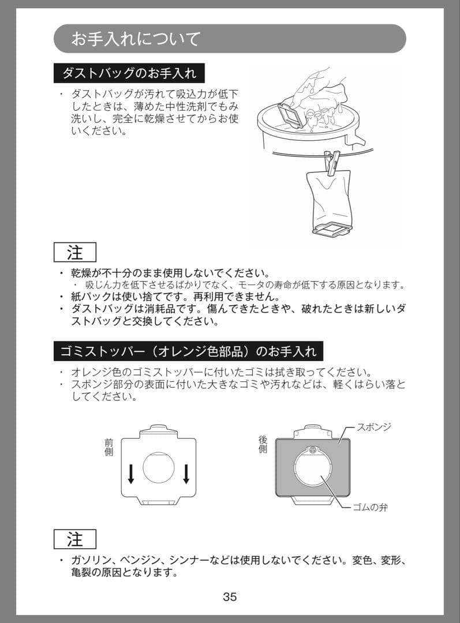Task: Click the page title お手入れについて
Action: pyautogui.click(x=136, y=39)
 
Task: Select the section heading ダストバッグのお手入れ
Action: pyautogui.click(x=129, y=73)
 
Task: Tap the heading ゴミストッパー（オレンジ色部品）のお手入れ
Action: pyautogui.click(x=188, y=351)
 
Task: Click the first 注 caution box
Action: pyautogui.click(x=75, y=253)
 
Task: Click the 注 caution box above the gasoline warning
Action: pyautogui.click(x=75, y=539)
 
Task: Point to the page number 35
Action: pyautogui.click(x=230, y=596)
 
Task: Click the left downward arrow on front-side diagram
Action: pyautogui.click(x=131, y=473)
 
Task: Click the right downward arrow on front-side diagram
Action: pyautogui.click(x=186, y=473)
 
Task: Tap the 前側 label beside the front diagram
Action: pyautogui.click(x=109, y=447)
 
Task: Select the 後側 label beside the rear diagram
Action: pyautogui.click(x=263, y=444)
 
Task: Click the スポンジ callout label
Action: pyautogui.click(x=373, y=427)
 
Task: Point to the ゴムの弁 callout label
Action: pyautogui.click(x=370, y=508)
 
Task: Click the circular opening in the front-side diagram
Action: pyautogui.click(x=159, y=467)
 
